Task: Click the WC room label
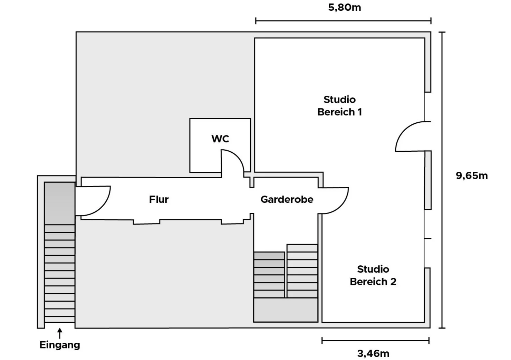click(220, 139)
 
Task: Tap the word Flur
click(159, 199)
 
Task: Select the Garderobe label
click(287, 199)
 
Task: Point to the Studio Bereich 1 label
click(339, 106)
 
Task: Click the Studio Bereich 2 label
click(373, 275)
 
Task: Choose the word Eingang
click(60, 345)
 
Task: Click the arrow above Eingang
click(60, 333)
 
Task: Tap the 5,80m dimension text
click(345, 7)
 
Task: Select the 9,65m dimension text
click(472, 176)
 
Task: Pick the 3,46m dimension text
click(373, 353)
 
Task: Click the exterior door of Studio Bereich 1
click(411, 136)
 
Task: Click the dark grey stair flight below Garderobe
click(269, 275)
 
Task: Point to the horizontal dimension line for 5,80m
click(343, 21)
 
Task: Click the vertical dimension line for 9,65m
click(442, 180)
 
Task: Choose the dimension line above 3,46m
click(375, 341)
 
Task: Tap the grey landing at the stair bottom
click(286, 310)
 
